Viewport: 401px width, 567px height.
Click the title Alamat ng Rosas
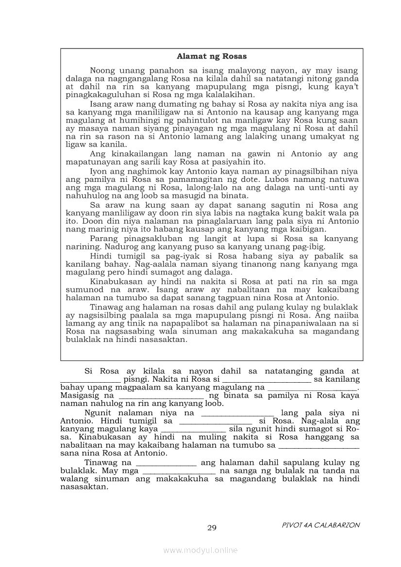pyautogui.click(x=212, y=56)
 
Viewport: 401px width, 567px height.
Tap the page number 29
pyautogui.click(x=212, y=528)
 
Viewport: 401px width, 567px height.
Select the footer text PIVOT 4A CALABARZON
pyautogui.click(x=320, y=525)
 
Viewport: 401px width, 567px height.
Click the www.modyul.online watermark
pyautogui.click(x=200, y=550)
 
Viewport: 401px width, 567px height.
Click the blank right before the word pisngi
pyautogui.click(x=90, y=379)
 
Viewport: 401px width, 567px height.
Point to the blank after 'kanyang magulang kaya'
pyautogui.click(x=193, y=429)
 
